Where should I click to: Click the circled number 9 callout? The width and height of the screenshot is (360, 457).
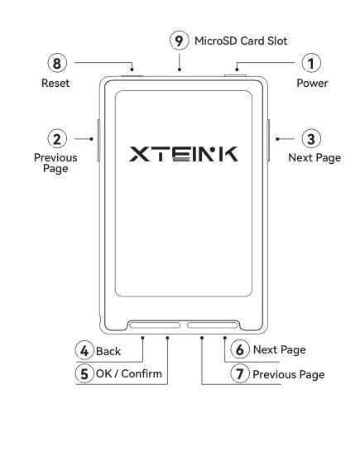[x=179, y=41]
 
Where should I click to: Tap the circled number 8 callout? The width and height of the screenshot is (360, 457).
[x=57, y=63]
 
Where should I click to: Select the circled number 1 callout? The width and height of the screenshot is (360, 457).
[x=311, y=63]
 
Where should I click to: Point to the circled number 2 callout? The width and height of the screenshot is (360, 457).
[x=57, y=139]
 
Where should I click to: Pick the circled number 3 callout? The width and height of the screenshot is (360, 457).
[x=311, y=139]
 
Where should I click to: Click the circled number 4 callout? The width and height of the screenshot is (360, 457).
[x=84, y=350]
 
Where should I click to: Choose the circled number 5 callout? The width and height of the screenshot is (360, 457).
[x=84, y=373]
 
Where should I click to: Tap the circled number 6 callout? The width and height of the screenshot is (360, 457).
[x=240, y=349]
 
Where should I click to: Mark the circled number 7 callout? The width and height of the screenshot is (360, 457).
[x=240, y=373]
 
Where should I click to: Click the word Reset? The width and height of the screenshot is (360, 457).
[x=55, y=83]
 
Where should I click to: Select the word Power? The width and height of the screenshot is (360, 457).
[x=312, y=83]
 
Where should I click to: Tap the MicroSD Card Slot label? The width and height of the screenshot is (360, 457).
[x=241, y=41]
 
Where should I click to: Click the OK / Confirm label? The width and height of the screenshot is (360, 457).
[x=129, y=373]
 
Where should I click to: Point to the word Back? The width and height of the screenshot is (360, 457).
[x=108, y=351]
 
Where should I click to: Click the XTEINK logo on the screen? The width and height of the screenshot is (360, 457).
[x=184, y=154]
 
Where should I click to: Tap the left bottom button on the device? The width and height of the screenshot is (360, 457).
[x=155, y=325]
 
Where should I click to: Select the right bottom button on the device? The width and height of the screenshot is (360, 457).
[x=213, y=325]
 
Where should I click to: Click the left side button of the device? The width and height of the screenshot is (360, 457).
[x=98, y=140]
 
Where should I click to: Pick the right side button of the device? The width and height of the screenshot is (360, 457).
[x=268, y=140]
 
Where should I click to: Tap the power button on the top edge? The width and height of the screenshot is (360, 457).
[x=235, y=76]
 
